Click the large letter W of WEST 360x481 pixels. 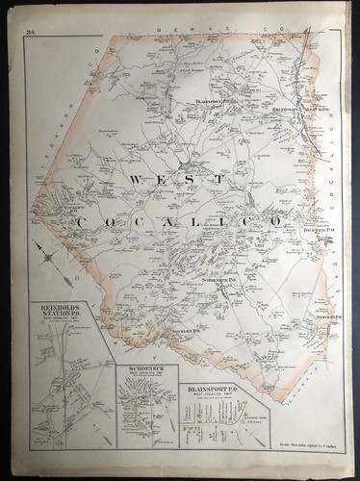pyautogui.click(x=134, y=180)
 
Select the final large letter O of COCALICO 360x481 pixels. pyautogui.click(x=275, y=221)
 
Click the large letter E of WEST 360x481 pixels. pyautogui.click(x=165, y=180)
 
